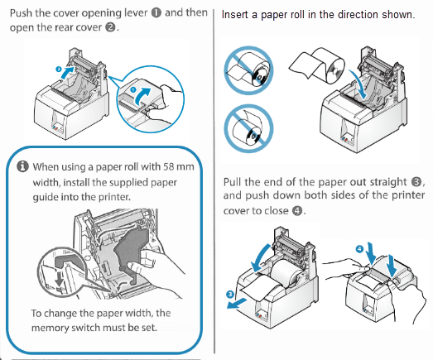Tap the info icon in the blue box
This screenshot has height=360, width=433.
(x=22, y=166)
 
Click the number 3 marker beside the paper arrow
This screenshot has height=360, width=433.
(x=229, y=293)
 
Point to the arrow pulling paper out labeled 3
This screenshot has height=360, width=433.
(x=245, y=303)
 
